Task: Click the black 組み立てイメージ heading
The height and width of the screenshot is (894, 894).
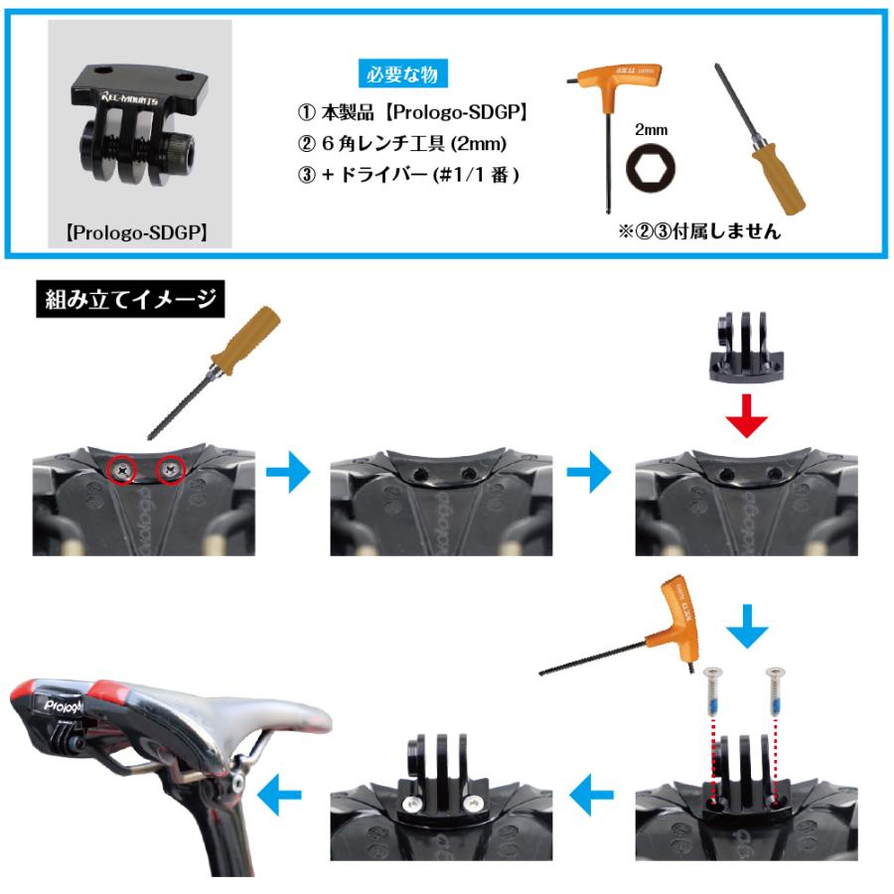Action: tap(128, 299)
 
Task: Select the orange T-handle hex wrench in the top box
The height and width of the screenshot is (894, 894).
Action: tap(606, 109)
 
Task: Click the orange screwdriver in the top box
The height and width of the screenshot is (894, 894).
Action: tap(760, 139)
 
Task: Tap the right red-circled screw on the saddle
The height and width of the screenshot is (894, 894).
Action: tap(171, 464)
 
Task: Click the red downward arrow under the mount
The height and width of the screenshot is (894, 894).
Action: tap(746, 417)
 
